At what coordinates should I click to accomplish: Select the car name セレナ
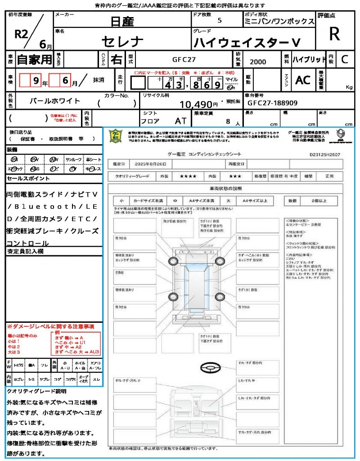(x=122, y=42)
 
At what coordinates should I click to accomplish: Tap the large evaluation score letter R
(x=334, y=34)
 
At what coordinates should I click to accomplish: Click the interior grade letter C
(x=344, y=59)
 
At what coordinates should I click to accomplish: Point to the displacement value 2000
(x=257, y=62)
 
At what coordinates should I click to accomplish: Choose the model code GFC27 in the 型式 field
(x=184, y=59)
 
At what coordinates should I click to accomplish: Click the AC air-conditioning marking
(x=302, y=80)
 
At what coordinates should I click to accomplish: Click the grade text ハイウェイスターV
(x=247, y=43)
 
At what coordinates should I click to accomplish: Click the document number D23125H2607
(x=324, y=154)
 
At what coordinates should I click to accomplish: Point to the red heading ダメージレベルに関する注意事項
(x=52, y=326)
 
